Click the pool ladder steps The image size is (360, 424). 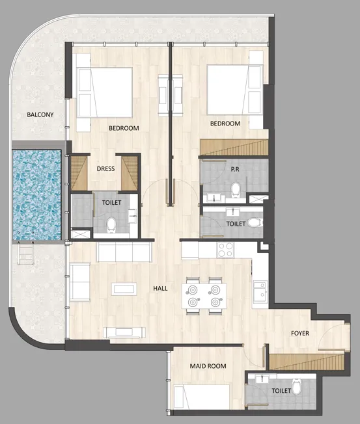(25, 254)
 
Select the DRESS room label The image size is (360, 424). (105, 169)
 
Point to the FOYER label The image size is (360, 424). (299, 334)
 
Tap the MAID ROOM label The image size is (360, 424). (208, 366)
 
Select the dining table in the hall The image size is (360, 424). (202, 297)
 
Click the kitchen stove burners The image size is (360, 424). (225, 249)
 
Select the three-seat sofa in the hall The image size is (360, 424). (124, 252)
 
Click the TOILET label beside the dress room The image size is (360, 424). (111, 202)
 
